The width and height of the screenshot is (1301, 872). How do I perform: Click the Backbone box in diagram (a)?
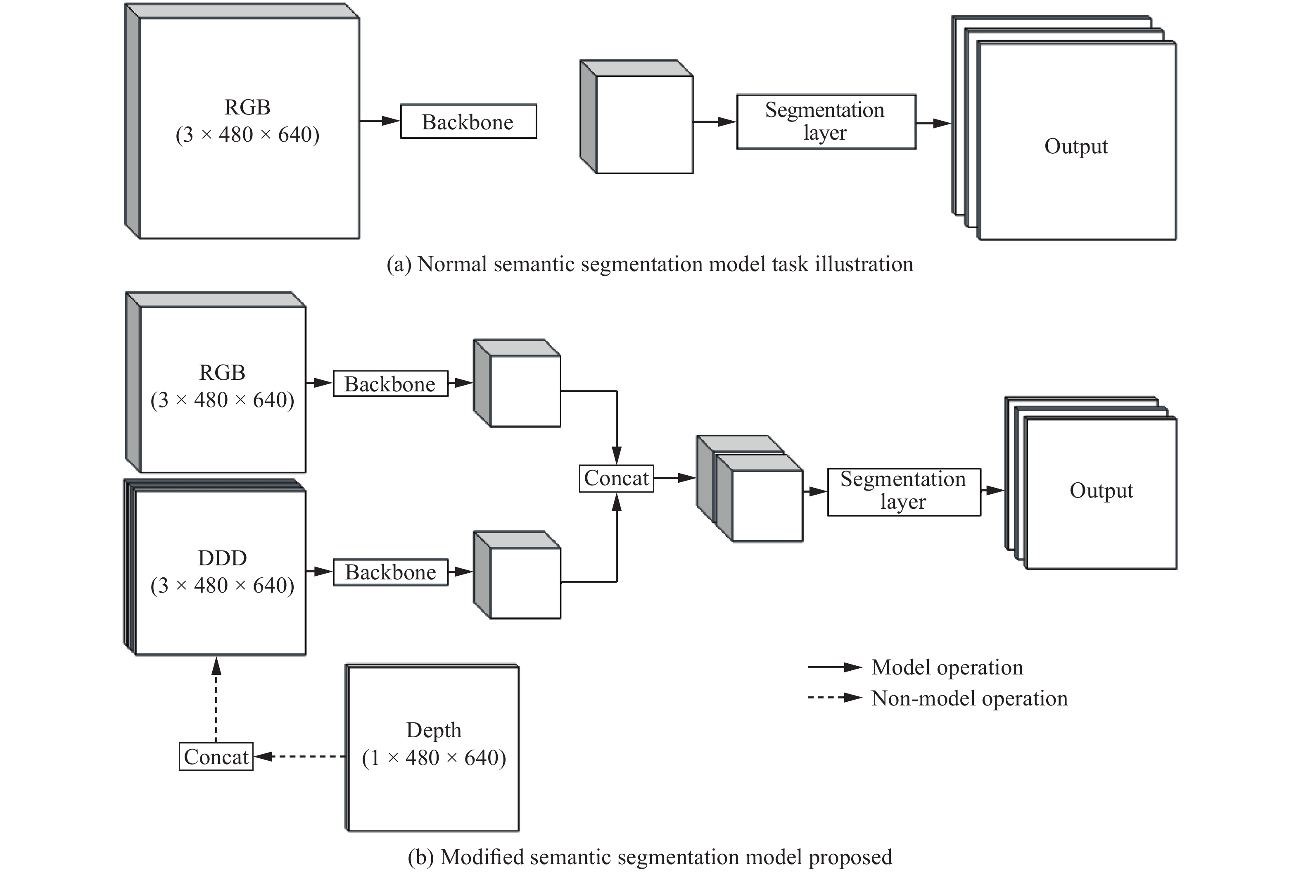468,121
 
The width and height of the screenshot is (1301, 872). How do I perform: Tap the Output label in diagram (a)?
1075,146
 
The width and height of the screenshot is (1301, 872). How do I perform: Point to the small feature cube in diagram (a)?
643,124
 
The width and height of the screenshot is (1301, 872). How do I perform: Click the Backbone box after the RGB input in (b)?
390,384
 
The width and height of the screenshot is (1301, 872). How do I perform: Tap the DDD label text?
222,558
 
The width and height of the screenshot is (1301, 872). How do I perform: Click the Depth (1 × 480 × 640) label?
434,744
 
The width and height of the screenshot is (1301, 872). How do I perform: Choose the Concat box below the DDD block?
216,757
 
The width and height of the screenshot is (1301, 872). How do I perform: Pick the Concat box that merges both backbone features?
616,478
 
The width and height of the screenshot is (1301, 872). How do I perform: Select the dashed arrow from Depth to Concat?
300,756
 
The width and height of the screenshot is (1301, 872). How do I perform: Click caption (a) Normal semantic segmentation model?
650,264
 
